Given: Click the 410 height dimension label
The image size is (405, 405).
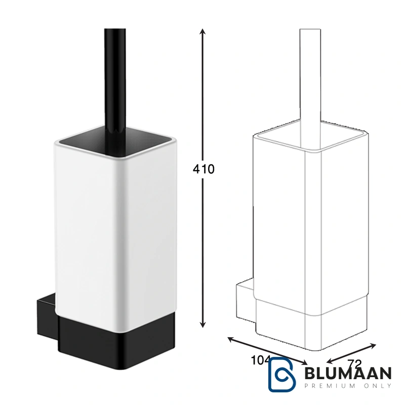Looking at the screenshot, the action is click(204, 169).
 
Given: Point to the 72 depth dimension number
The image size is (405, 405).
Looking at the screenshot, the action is click(355, 364).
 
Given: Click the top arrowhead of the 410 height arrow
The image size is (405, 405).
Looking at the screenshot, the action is click(203, 31).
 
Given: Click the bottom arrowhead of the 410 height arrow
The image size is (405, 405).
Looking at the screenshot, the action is click(203, 324).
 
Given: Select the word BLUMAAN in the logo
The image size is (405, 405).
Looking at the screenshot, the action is click(348, 374).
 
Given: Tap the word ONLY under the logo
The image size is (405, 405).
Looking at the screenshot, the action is click(378, 386).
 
